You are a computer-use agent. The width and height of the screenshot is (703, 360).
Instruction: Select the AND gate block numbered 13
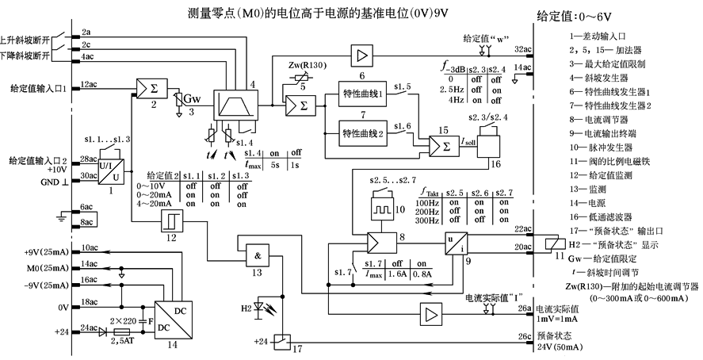(x=257, y=255)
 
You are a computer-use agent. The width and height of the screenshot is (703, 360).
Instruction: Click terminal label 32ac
(x=523, y=49)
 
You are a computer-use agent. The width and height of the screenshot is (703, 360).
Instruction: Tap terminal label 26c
(x=524, y=336)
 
